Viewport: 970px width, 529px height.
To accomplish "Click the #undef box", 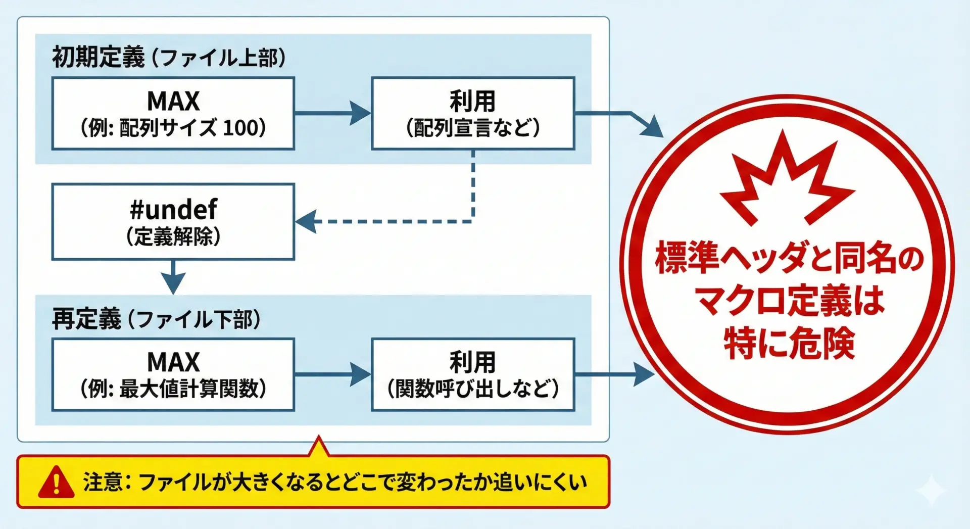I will click(x=173, y=222).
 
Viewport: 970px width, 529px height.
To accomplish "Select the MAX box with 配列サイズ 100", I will click(x=173, y=113).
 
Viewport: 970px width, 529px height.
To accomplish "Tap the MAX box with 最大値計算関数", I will click(x=173, y=374).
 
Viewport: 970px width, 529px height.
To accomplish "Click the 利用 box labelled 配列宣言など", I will click(x=473, y=113).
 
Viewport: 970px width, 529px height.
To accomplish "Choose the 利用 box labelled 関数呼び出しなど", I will click(x=473, y=374).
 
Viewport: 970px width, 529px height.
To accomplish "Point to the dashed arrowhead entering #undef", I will click(x=306, y=221).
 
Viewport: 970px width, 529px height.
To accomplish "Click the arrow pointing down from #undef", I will click(x=173, y=278).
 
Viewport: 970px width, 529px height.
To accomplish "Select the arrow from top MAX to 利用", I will click(x=333, y=113).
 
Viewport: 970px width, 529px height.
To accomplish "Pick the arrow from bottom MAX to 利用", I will click(x=333, y=374).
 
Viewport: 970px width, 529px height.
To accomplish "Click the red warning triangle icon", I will click(x=56, y=482).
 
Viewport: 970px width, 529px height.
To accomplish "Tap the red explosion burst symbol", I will click(x=786, y=179).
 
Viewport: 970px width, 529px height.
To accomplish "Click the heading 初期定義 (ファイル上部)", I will click(x=169, y=57).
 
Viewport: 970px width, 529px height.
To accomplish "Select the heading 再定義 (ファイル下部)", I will click(x=156, y=319).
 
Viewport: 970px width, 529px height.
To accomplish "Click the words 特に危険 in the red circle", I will click(x=789, y=344).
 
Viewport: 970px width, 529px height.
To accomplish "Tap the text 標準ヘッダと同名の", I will click(x=789, y=258).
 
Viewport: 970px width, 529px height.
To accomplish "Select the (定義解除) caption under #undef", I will click(x=173, y=236).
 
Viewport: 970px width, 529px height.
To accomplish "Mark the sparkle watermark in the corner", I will click(x=931, y=489).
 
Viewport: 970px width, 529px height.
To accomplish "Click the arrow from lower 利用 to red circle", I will click(x=614, y=374).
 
